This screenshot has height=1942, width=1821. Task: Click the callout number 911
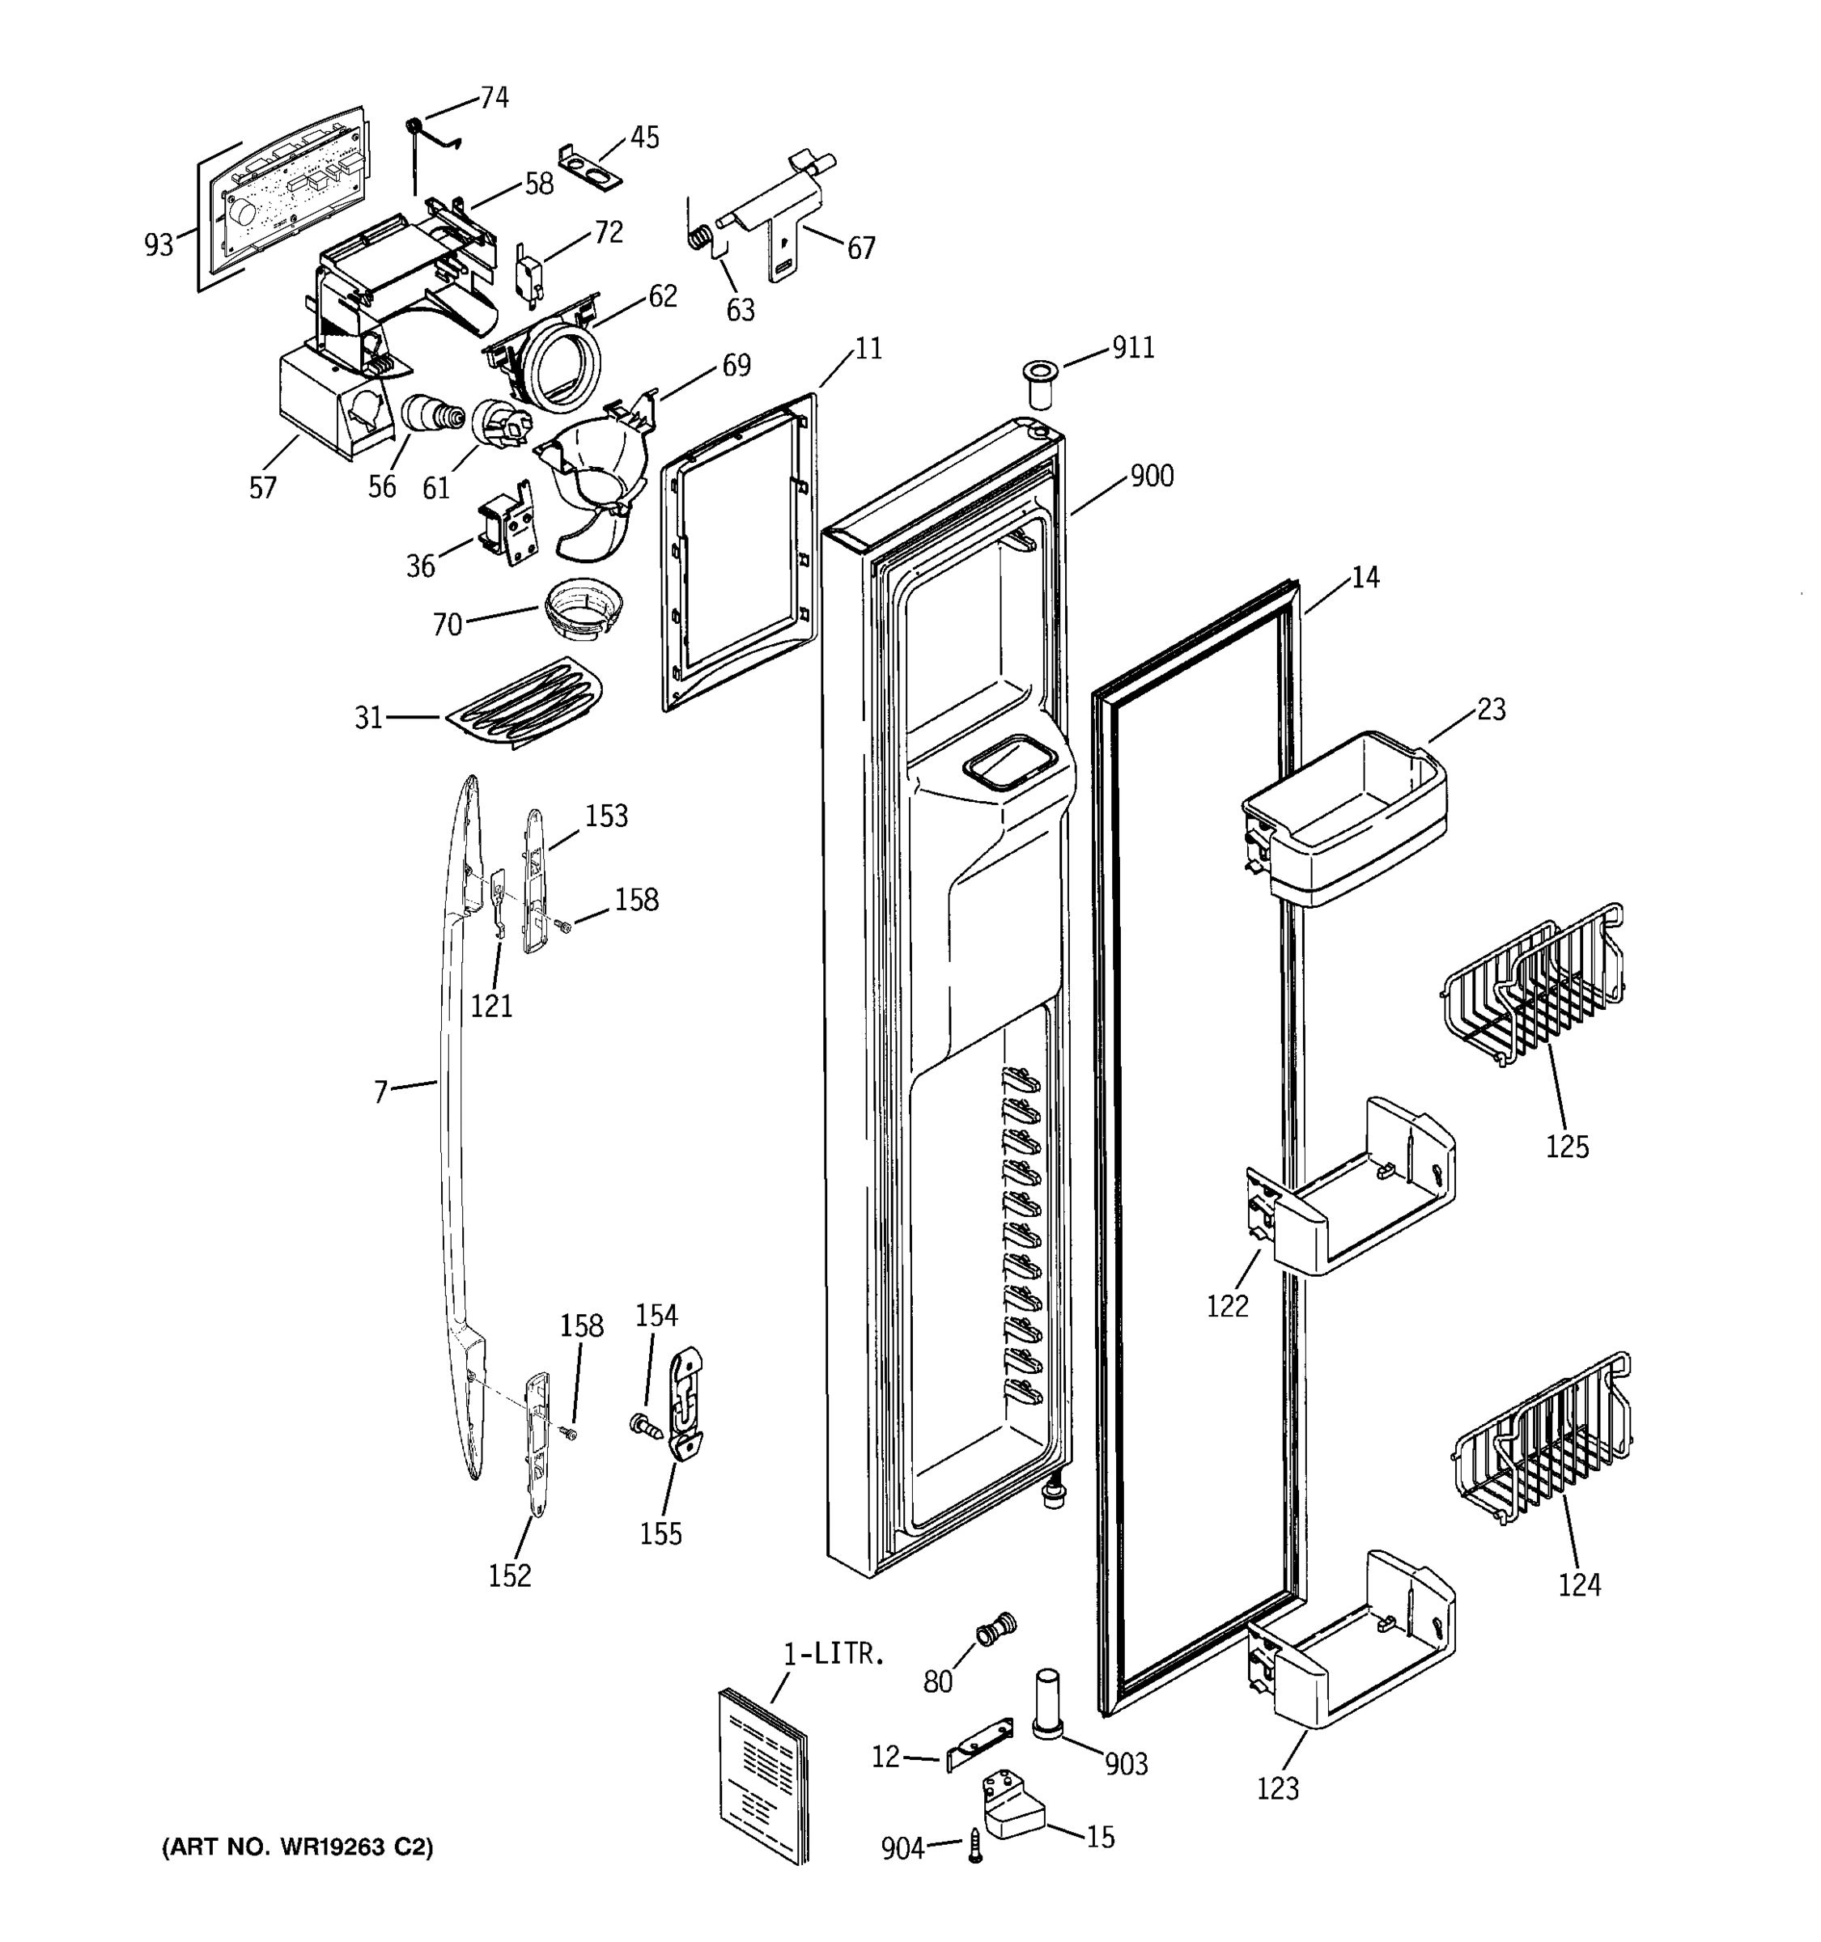1132,348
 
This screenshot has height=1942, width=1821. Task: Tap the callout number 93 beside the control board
159,245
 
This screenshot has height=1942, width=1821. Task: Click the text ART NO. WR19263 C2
297,1847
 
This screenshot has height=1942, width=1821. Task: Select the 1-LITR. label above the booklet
834,1655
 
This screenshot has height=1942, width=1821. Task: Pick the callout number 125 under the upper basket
1567,1146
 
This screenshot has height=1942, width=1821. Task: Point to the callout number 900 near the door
1152,477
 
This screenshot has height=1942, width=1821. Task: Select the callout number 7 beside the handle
381,1091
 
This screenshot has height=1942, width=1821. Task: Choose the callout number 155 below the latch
660,1533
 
